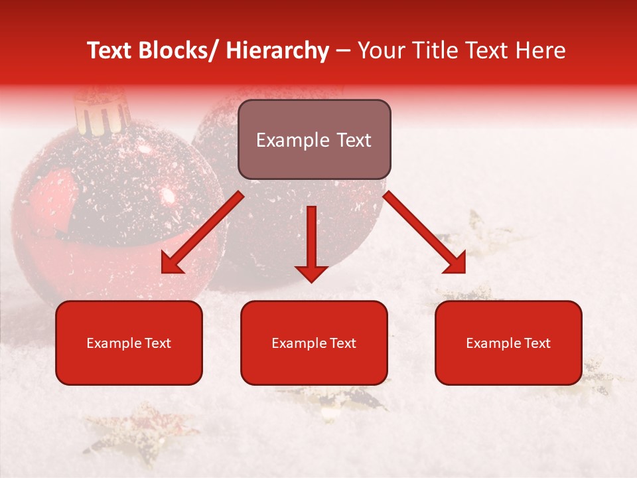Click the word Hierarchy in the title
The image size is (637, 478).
[278, 51]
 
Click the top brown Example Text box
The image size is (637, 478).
[314, 139]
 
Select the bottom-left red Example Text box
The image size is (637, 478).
[129, 343]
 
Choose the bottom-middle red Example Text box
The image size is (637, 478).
[314, 343]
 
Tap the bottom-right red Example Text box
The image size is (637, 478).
[508, 343]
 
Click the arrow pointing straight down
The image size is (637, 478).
[311, 243]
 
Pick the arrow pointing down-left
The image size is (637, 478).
[203, 232]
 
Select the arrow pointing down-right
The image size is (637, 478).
[425, 232]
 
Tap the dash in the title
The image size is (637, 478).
[343, 51]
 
